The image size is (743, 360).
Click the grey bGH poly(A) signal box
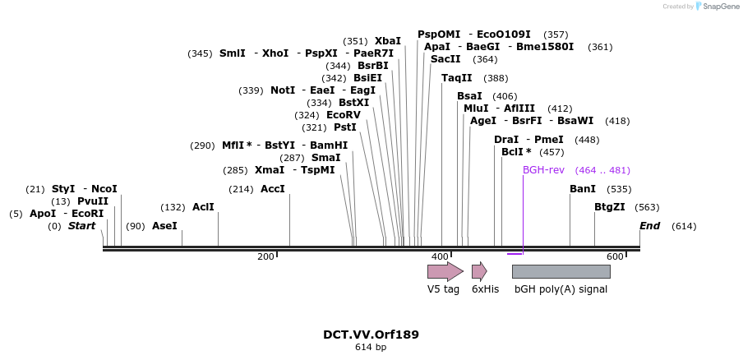pyautogui.click(x=561, y=271)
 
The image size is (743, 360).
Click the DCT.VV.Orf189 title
pyautogui.click(x=371, y=335)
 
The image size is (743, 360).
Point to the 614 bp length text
pyautogui.click(x=371, y=348)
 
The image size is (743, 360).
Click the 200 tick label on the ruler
pyautogui.click(x=265, y=257)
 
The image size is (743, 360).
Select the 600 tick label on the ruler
pyautogui.click(x=615, y=257)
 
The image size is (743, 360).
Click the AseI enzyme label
pyautogui.click(x=164, y=225)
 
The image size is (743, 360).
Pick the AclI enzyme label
pyautogui.click(x=203, y=207)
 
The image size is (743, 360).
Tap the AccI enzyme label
pyautogui.click(x=272, y=189)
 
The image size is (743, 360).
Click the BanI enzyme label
pyautogui.click(x=583, y=189)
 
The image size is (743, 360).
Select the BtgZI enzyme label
pyautogui.click(x=610, y=207)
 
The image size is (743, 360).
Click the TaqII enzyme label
pyautogui.click(x=457, y=78)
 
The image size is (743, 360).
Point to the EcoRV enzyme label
pyautogui.click(x=344, y=115)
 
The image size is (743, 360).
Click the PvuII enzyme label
pyautogui.click(x=93, y=201)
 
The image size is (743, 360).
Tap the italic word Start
pyautogui.click(x=81, y=225)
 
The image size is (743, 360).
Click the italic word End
pyautogui.click(x=650, y=225)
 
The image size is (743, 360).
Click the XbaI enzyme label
pyautogui.click(x=388, y=40)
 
